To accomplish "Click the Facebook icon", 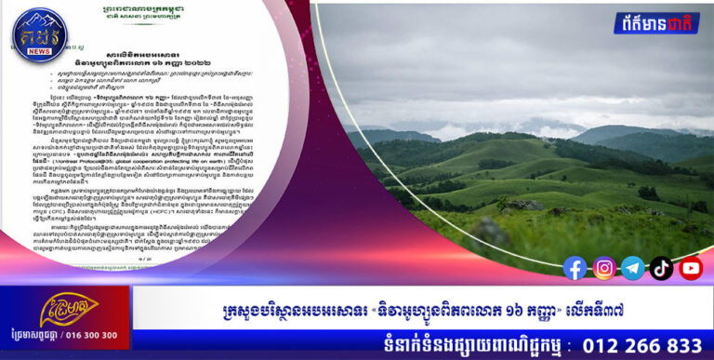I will (x=575, y=268).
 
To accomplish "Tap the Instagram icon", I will (x=604, y=268).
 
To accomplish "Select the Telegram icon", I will (x=632, y=268).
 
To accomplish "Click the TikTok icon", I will (x=661, y=268).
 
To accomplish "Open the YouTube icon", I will (x=691, y=268).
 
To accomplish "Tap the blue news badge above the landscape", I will (x=656, y=23).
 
